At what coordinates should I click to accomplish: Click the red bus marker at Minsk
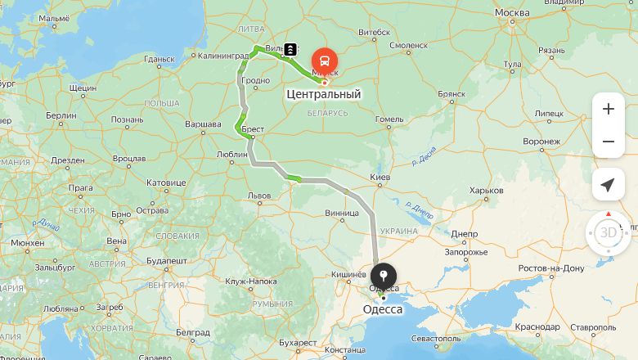[x=325, y=61]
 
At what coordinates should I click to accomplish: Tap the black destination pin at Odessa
[x=384, y=276]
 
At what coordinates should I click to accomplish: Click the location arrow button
[x=608, y=185]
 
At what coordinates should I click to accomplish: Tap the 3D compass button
[x=609, y=232]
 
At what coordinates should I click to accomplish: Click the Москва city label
[x=512, y=12]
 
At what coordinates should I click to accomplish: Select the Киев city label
[x=380, y=177]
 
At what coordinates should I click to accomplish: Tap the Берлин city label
[x=61, y=115]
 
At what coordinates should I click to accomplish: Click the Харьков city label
[x=487, y=191]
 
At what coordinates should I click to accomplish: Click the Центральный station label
[x=324, y=94]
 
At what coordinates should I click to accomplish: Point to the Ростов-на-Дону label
[x=551, y=268]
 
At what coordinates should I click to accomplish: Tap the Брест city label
[x=253, y=129]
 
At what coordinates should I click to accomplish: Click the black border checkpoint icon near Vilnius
[x=291, y=50]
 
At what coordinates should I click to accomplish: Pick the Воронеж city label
[x=541, y=141]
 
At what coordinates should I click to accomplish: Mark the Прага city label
[x=81, y=187]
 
